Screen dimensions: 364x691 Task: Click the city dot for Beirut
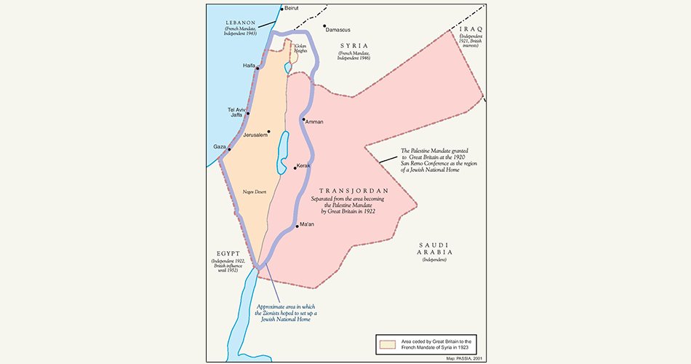click(281, 9)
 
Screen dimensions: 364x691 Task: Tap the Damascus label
click(338, 30)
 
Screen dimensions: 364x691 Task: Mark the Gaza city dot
click(229, 149)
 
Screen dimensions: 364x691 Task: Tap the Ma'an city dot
click(297, 226)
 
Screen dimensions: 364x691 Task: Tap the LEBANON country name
click(241, 23)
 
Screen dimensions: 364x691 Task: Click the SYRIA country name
click(354, 45)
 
